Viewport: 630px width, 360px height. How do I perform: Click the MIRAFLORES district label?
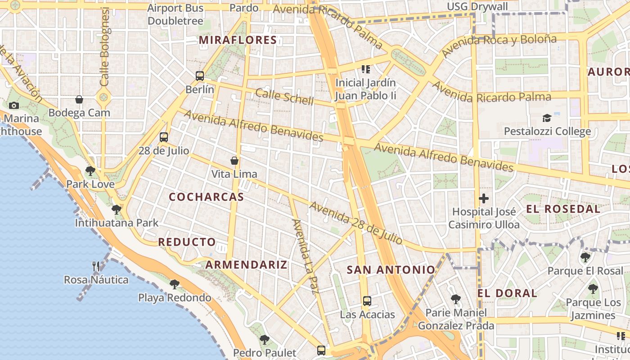click(238, 40)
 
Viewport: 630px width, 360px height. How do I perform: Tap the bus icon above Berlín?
click(200, 76)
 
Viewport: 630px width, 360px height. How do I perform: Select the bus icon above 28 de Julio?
click(164, 137)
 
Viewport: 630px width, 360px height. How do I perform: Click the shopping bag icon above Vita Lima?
click(234, 160)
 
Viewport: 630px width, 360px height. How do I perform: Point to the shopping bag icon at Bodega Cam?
click(79, 99)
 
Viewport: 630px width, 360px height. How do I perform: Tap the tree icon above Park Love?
click(90, 171)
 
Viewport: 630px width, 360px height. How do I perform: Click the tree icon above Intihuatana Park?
click(117, 209)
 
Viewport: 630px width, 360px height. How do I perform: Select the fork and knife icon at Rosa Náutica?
click(96, 266)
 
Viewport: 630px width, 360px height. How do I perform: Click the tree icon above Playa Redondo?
click(175, 284)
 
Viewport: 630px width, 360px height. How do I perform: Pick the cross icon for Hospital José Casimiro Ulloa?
click(484, 198)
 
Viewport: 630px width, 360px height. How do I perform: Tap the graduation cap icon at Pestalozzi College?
click(547, 118)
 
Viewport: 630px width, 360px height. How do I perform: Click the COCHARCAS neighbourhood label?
click(206, 197)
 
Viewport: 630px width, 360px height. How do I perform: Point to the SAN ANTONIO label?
click(391, 270)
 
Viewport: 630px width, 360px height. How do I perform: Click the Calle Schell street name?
click(284, 97)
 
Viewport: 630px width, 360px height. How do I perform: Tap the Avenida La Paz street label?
click(306, 256)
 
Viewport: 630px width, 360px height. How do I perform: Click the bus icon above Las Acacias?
click(367, 301)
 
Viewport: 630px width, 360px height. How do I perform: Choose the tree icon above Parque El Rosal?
click(585, 257)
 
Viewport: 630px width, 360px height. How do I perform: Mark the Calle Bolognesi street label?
click(105, 47)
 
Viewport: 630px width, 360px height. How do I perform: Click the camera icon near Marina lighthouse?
click(14, 105)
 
